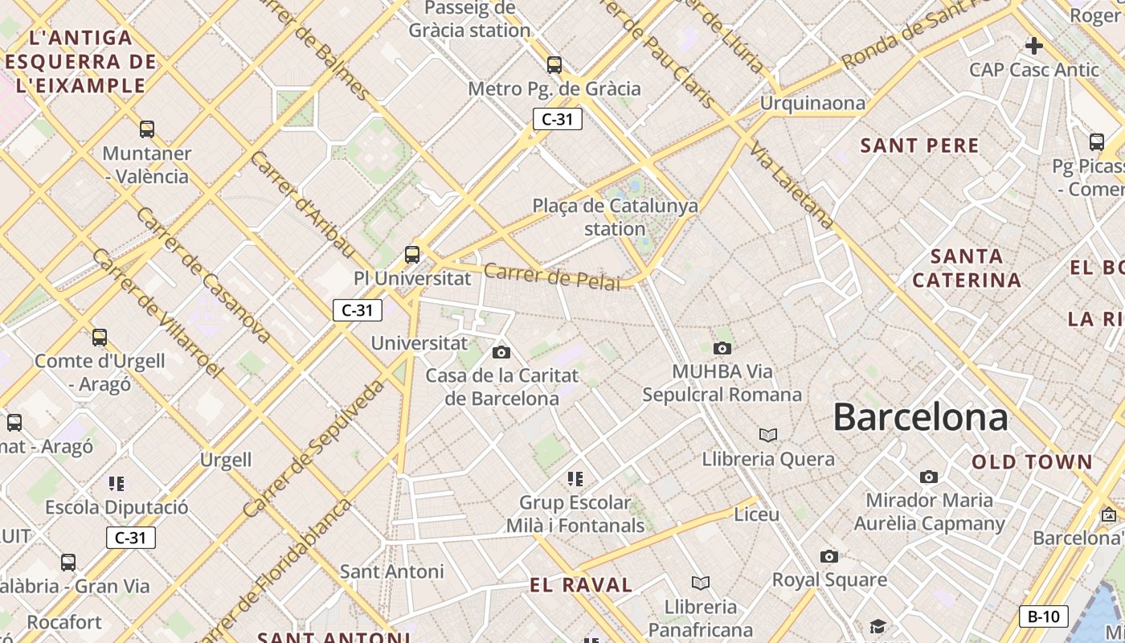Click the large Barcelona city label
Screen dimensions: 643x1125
[x=920, y=418]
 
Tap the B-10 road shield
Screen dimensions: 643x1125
[x=1043, y=616]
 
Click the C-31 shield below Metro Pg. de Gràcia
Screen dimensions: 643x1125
[x=557, y=119]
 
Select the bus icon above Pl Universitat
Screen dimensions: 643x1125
[x=412, y=255]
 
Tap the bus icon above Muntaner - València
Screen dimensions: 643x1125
[x=147, y=129]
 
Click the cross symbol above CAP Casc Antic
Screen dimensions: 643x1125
[x=1034, y=46]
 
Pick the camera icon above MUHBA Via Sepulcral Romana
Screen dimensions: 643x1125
[x=722, y=348]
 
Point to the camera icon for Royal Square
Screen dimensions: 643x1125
[x=828, y=556]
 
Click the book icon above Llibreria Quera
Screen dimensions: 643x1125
[x=768, y=435]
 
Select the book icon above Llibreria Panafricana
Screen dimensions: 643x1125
[x=701, y=583]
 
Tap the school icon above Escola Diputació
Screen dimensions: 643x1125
[x=117, y=483]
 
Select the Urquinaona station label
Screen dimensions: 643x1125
[x=812, y=103]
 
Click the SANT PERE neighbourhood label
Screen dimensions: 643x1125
[x=919, y=145]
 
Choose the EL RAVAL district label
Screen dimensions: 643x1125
[x=581, y=585]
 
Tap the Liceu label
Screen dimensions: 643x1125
[x=756, y=514]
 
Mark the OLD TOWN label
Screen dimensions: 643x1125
[x=1032, y=462]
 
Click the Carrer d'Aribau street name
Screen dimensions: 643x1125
[x=301, y=204]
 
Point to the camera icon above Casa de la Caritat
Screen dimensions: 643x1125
[x=501, y=352]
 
